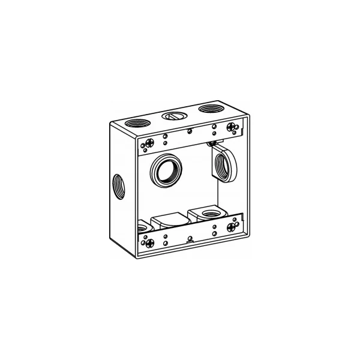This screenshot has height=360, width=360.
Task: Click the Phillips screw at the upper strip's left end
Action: coord(146,143)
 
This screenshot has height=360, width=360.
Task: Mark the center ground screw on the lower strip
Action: coord(190,239)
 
